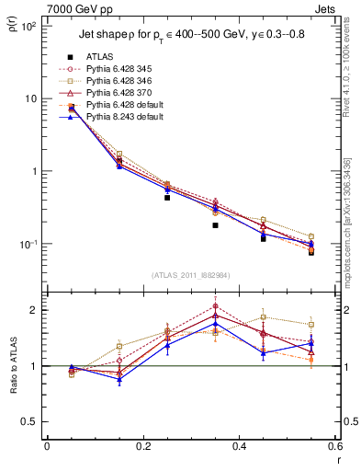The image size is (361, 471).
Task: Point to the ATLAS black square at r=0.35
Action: pos(215,224)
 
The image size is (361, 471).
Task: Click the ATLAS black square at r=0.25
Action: pos(167,197)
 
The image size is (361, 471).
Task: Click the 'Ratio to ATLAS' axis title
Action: pos(13,365)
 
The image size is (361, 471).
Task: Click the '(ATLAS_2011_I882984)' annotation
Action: pos(191,273)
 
